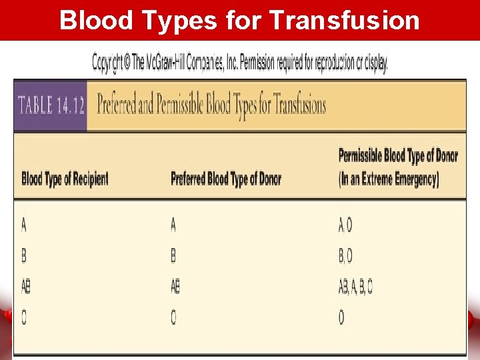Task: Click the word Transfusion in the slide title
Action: click(x=344, y=21)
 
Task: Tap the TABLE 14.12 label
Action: click(x=51, y=106)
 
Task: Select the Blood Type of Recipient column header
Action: click(x=65, y=179)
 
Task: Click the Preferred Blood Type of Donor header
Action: click(x=226, y=179)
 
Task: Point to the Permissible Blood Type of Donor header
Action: click(x=398, y=156)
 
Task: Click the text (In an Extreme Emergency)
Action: click(x=389, y=179)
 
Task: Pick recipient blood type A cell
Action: click(x=24, y=225)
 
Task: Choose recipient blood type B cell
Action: click(x=24, y=256)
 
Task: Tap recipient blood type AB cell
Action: click(x=26, y=287)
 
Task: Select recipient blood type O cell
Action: click(x=24, y=318)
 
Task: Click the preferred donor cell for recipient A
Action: click(x=173, y=225)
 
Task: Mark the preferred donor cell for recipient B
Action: click(x=173, y=256)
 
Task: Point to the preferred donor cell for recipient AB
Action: click(x=175, y=287)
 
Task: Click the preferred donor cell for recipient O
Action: click(x=173, y=318)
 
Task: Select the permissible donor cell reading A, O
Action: click(x=345, y=226)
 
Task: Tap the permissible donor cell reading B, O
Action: click(x=345, y=256)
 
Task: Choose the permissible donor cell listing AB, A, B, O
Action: click(x=355, y=287)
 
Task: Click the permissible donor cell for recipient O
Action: click(x=341, y=318)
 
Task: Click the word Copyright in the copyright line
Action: click(x=110, y=64)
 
